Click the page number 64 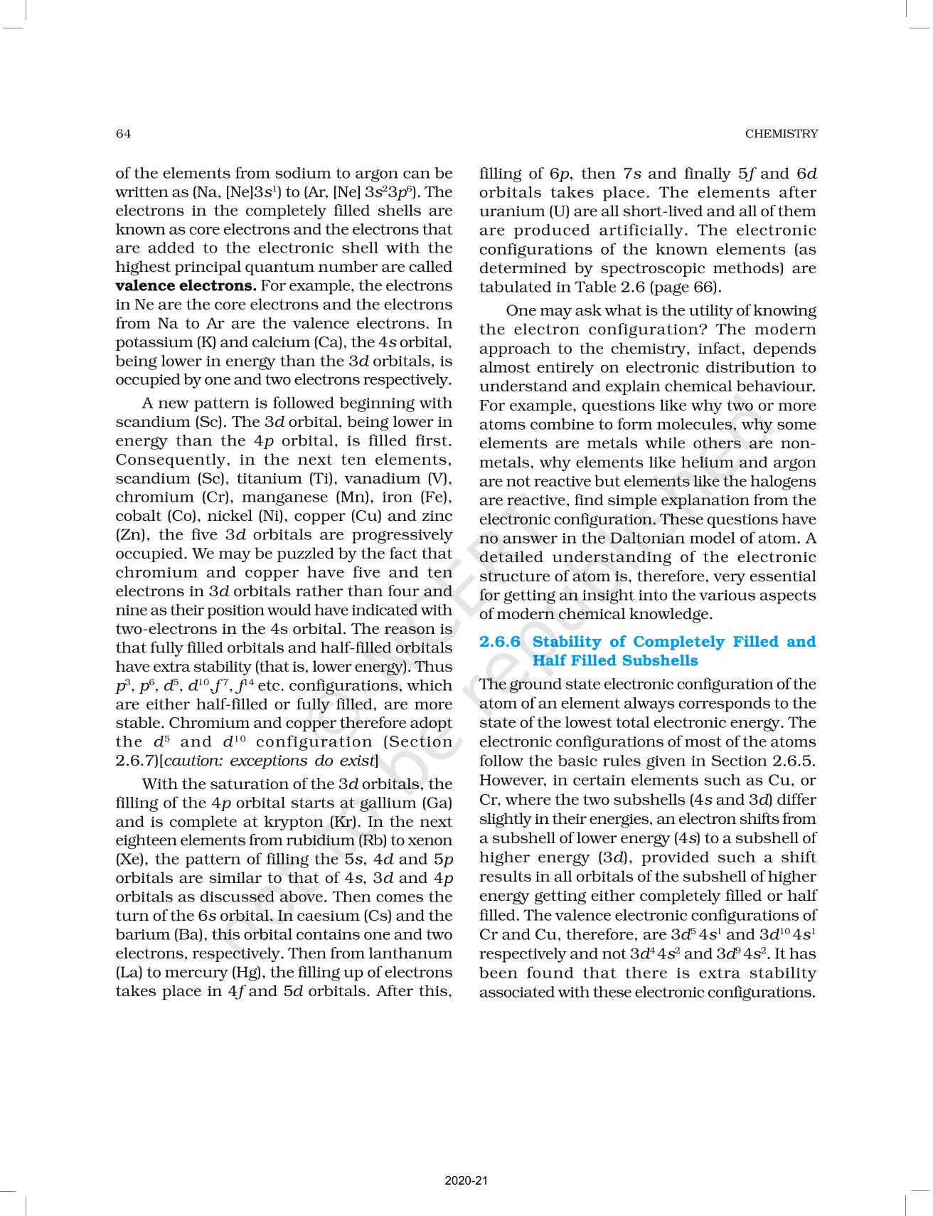[x=123, y=134]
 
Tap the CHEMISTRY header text [x=781, y=134]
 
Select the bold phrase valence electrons [x=186, y=286]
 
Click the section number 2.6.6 [x=500, y=642]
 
